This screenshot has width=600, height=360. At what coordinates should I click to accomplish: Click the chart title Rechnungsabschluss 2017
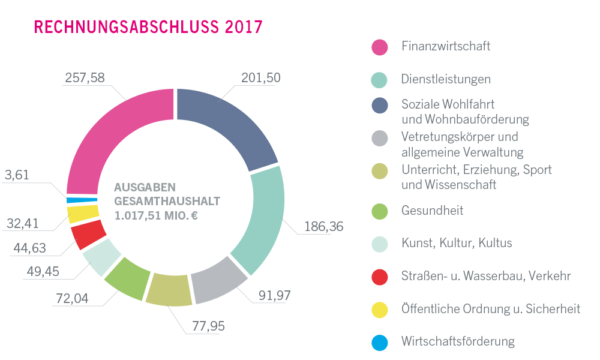[x=148, y=27]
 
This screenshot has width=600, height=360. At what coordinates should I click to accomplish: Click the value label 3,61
[x=17, y=176]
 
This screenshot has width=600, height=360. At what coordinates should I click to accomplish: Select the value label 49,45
[x=43, y=272]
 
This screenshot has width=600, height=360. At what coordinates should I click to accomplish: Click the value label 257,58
[x=83, y=78]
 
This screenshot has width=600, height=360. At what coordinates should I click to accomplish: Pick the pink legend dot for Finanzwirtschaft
[x=380, y=47]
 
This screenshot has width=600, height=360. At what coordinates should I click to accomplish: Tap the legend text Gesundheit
[x=432, y=211]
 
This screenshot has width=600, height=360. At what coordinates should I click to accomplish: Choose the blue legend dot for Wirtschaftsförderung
[x=380, y=342]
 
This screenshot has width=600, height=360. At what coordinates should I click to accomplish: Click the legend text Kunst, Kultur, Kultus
[x=457, y=243]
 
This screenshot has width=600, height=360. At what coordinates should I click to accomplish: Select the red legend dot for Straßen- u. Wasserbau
[x=380, y=277]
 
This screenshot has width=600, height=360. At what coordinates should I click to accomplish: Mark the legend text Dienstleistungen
[x=446, y=79]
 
